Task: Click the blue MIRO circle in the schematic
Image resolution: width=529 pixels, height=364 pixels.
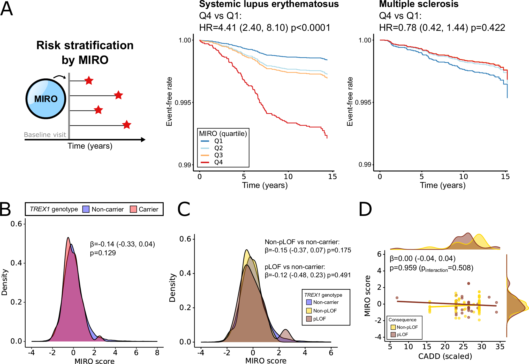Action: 46,99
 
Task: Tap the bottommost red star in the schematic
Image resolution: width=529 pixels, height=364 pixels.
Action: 126,125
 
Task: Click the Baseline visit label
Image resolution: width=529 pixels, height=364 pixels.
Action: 45,135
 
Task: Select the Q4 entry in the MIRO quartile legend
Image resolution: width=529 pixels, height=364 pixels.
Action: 218,162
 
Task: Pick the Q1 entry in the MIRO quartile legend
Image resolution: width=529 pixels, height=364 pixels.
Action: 218,141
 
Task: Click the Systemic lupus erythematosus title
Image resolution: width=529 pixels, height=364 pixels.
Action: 269,4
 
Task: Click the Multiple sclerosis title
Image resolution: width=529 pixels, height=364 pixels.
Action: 419,4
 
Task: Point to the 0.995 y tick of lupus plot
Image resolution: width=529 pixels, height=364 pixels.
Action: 183,103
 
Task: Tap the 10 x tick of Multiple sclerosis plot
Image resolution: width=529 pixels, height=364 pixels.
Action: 463,177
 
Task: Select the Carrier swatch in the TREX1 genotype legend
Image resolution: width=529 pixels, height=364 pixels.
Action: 133,209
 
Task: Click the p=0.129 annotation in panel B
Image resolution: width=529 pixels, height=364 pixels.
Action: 103,253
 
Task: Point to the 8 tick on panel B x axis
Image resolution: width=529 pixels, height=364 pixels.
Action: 157,353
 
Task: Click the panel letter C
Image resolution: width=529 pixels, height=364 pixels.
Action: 184,209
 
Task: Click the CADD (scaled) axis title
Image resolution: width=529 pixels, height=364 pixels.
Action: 445,356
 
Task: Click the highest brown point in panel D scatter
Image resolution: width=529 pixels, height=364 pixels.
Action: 468,283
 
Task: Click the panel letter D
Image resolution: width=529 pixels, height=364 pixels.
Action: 365,209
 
